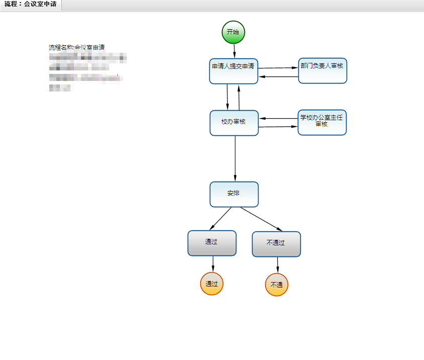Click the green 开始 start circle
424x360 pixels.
pyautogui.click(x=233, y=32)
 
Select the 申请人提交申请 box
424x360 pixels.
pyautogui.click(x=233, y=71)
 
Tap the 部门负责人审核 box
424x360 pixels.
pyautogui.click(x=322, y=70)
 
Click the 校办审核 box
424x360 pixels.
pyautogui.click(x=234, y=123)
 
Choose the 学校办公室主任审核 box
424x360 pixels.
pyautogui.click(x=322, y=123)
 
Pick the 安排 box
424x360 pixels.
pyautogui.click(x=234, y=194)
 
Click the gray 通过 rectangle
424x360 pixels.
pyautogui.click(x=212, y=243)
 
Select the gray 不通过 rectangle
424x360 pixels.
pyautogui.click(x=276, y=244)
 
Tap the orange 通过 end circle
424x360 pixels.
pyautogui.click(x=212, y=284)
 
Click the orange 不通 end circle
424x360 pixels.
pyautogui.click(x=277, y=285)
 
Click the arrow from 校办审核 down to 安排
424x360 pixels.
pyautogui.click(x=235, y=158)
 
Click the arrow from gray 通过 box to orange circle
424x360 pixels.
pyautogui.click(x=213, y=264)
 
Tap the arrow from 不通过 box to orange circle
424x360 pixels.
pyautogui.click(x=277, y=265)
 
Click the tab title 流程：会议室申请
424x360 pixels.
pyautogui.click(x=30, y=5)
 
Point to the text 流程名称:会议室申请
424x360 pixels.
pyautogui.click(x=76, y=47)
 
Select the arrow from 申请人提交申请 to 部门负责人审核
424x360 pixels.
pyautogui.click(x=278, y=67)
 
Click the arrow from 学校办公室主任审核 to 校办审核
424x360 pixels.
pyautogui.click(x=278, y=119)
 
